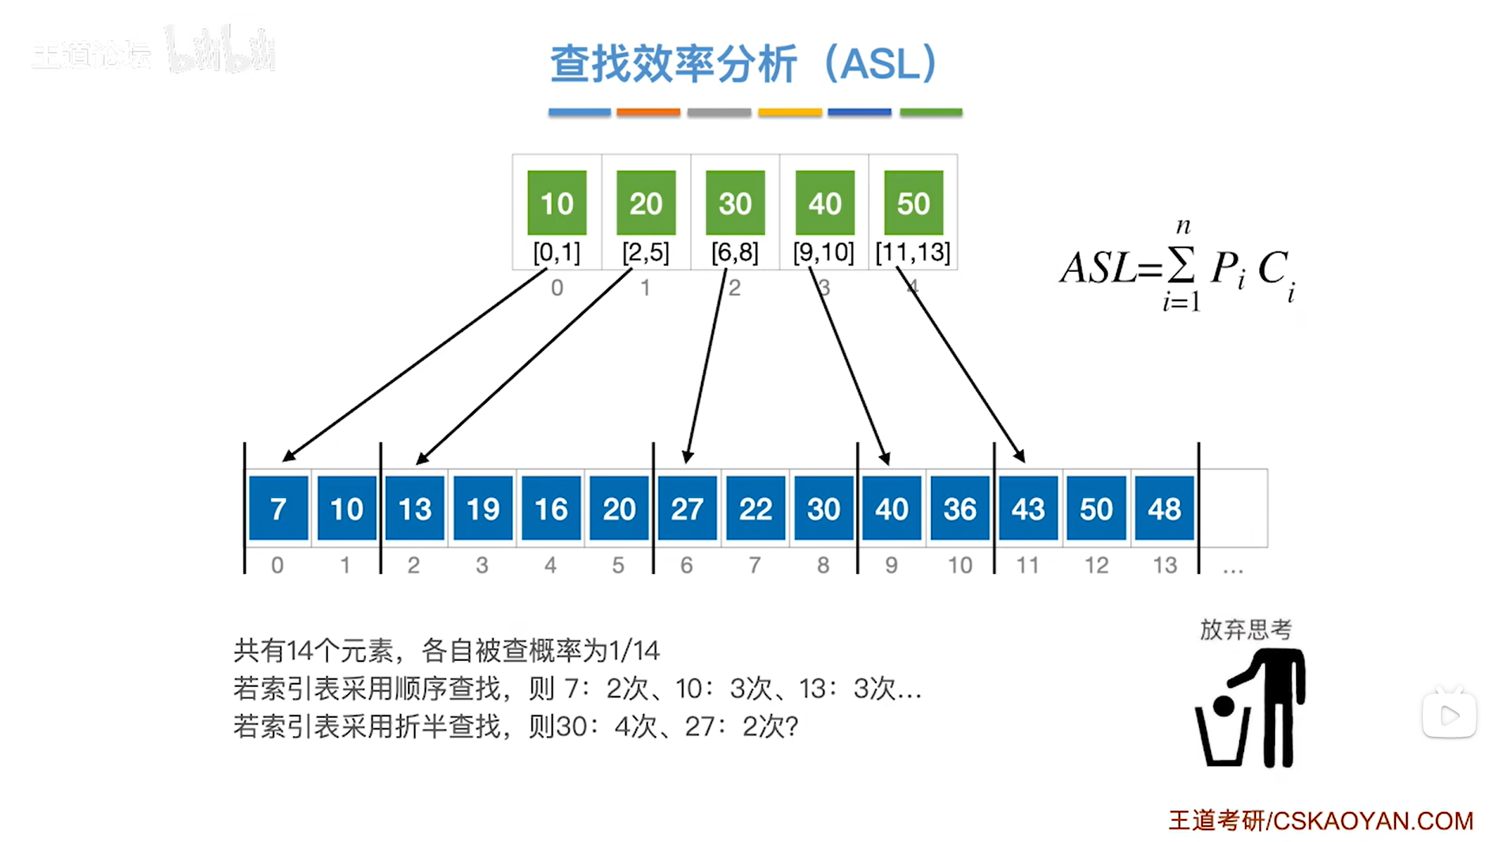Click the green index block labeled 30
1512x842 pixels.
click(x=734, y=202)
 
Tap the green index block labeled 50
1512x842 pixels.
click(x=913, y=202)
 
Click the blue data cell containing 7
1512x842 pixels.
click(x=278, y=508)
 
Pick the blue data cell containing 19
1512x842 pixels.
click(x=483, y=508)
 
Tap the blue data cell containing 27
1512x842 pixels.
click(x=687, y=508)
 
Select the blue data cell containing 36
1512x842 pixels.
click(x=960, y=508)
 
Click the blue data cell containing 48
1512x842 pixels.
click(x=1164, y=508)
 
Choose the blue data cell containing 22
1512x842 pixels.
click(x=755, y=508)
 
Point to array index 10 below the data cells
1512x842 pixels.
click(x=960, y=564)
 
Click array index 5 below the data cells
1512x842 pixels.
click(x=618, y=564)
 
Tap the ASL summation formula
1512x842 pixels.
click(x=1178, y=268)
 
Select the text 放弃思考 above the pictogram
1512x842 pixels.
click(x=1246, y=629)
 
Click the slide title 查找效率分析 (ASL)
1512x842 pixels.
click(x=743, y=63)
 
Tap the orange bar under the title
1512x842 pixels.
click(x=648, y=112)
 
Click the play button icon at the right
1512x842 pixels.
click(x=1449, y=716)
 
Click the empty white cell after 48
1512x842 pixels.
click(x=1233, y=508)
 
